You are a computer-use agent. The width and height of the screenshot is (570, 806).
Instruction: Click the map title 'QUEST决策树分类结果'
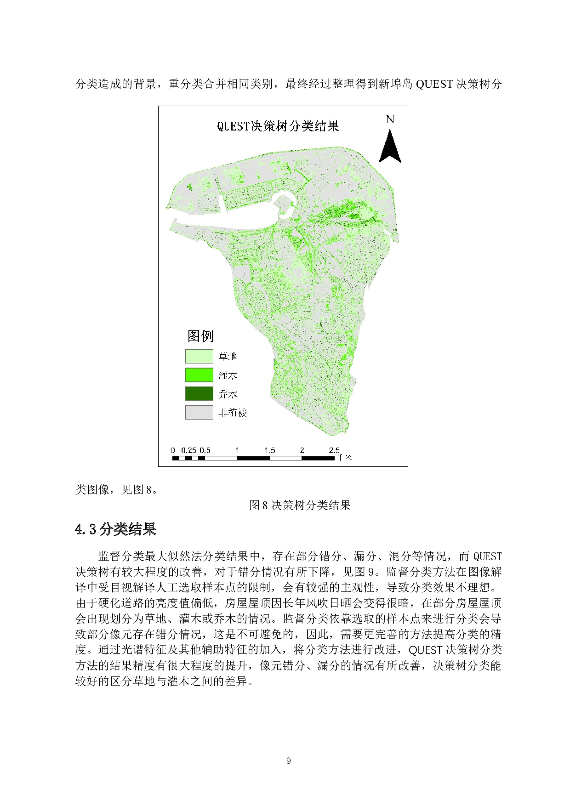[x=278, y=126]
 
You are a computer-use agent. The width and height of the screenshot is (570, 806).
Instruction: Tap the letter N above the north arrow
[x=390, y=119]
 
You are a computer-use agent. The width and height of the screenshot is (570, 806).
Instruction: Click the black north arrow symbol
[x=390, y=147]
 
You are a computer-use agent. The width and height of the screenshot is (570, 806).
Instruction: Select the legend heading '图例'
[x=200, y=336]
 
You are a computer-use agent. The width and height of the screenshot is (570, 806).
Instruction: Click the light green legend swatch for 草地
[x=199, y=357]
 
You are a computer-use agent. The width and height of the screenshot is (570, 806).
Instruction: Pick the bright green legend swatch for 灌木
[x=199, y=375]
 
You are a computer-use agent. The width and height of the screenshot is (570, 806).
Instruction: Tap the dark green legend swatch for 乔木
[x=199, y=394]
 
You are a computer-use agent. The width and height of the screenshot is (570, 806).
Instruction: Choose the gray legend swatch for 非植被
[x=199, y=412]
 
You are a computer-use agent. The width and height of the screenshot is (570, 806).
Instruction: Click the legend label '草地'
[x=228, y=357]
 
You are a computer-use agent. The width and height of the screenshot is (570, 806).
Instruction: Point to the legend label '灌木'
[x=228, y=375]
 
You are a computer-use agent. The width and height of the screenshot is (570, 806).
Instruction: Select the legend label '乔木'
[x=228, y=394]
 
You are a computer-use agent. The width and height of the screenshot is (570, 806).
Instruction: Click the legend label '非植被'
[x=233, y=413]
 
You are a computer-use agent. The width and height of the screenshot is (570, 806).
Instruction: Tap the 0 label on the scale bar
[x=173, y=450]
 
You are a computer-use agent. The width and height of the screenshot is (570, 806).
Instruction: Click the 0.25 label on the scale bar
[x=188, y=450]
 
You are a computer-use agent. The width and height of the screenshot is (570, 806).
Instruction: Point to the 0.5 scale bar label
[x=205, y=450]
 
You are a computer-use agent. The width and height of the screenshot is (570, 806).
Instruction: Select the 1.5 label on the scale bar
[x=269, y=450]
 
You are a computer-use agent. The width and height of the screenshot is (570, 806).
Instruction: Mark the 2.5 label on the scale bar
[x=334, y=450]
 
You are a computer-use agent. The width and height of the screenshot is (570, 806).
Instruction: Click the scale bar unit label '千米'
[x=345, y=458]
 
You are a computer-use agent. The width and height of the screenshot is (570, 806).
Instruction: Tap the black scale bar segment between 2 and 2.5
[x=318, y=458]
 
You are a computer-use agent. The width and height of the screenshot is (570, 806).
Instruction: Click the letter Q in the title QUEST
[x=220, y=126]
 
